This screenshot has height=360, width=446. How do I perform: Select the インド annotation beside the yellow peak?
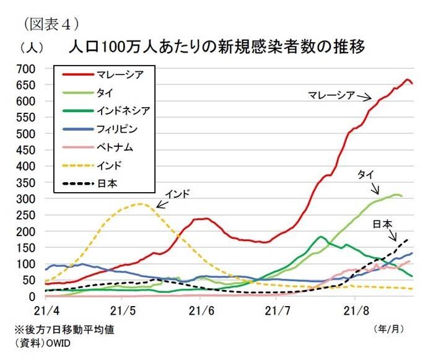(x=178, y=193)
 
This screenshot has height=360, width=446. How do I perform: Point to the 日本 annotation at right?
(x=382, y=224)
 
